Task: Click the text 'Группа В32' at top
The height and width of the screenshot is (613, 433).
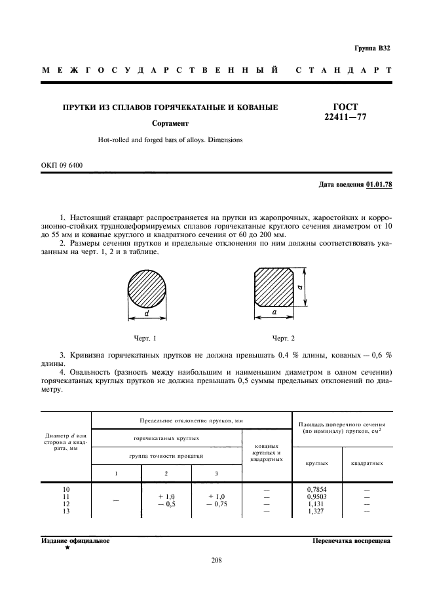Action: point(371,48)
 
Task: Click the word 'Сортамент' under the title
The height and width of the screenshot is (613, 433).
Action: point(170,122)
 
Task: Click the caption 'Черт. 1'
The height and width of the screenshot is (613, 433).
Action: point(145,338)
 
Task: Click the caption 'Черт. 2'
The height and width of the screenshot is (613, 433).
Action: point(283,338)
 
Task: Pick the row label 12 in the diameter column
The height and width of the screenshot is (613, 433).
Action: point(65,504)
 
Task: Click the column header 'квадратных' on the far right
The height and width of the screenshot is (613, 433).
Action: point(367,463)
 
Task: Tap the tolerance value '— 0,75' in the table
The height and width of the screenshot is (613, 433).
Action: point(216,504)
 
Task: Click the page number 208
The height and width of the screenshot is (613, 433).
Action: point(217,560)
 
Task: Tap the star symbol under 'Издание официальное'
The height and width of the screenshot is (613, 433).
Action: point(67,548)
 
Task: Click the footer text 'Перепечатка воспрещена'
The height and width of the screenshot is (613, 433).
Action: point(351,542)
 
